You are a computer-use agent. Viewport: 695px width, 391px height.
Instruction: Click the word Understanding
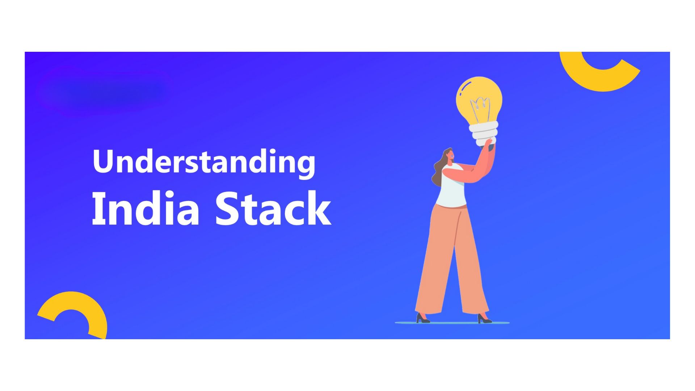[x=204, y=162]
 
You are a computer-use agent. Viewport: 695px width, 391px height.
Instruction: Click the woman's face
[x=450, y=155]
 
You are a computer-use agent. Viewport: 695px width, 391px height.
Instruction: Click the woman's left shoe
[x=422, y=318]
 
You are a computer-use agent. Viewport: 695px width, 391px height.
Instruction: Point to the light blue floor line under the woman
[x=452, y=323]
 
